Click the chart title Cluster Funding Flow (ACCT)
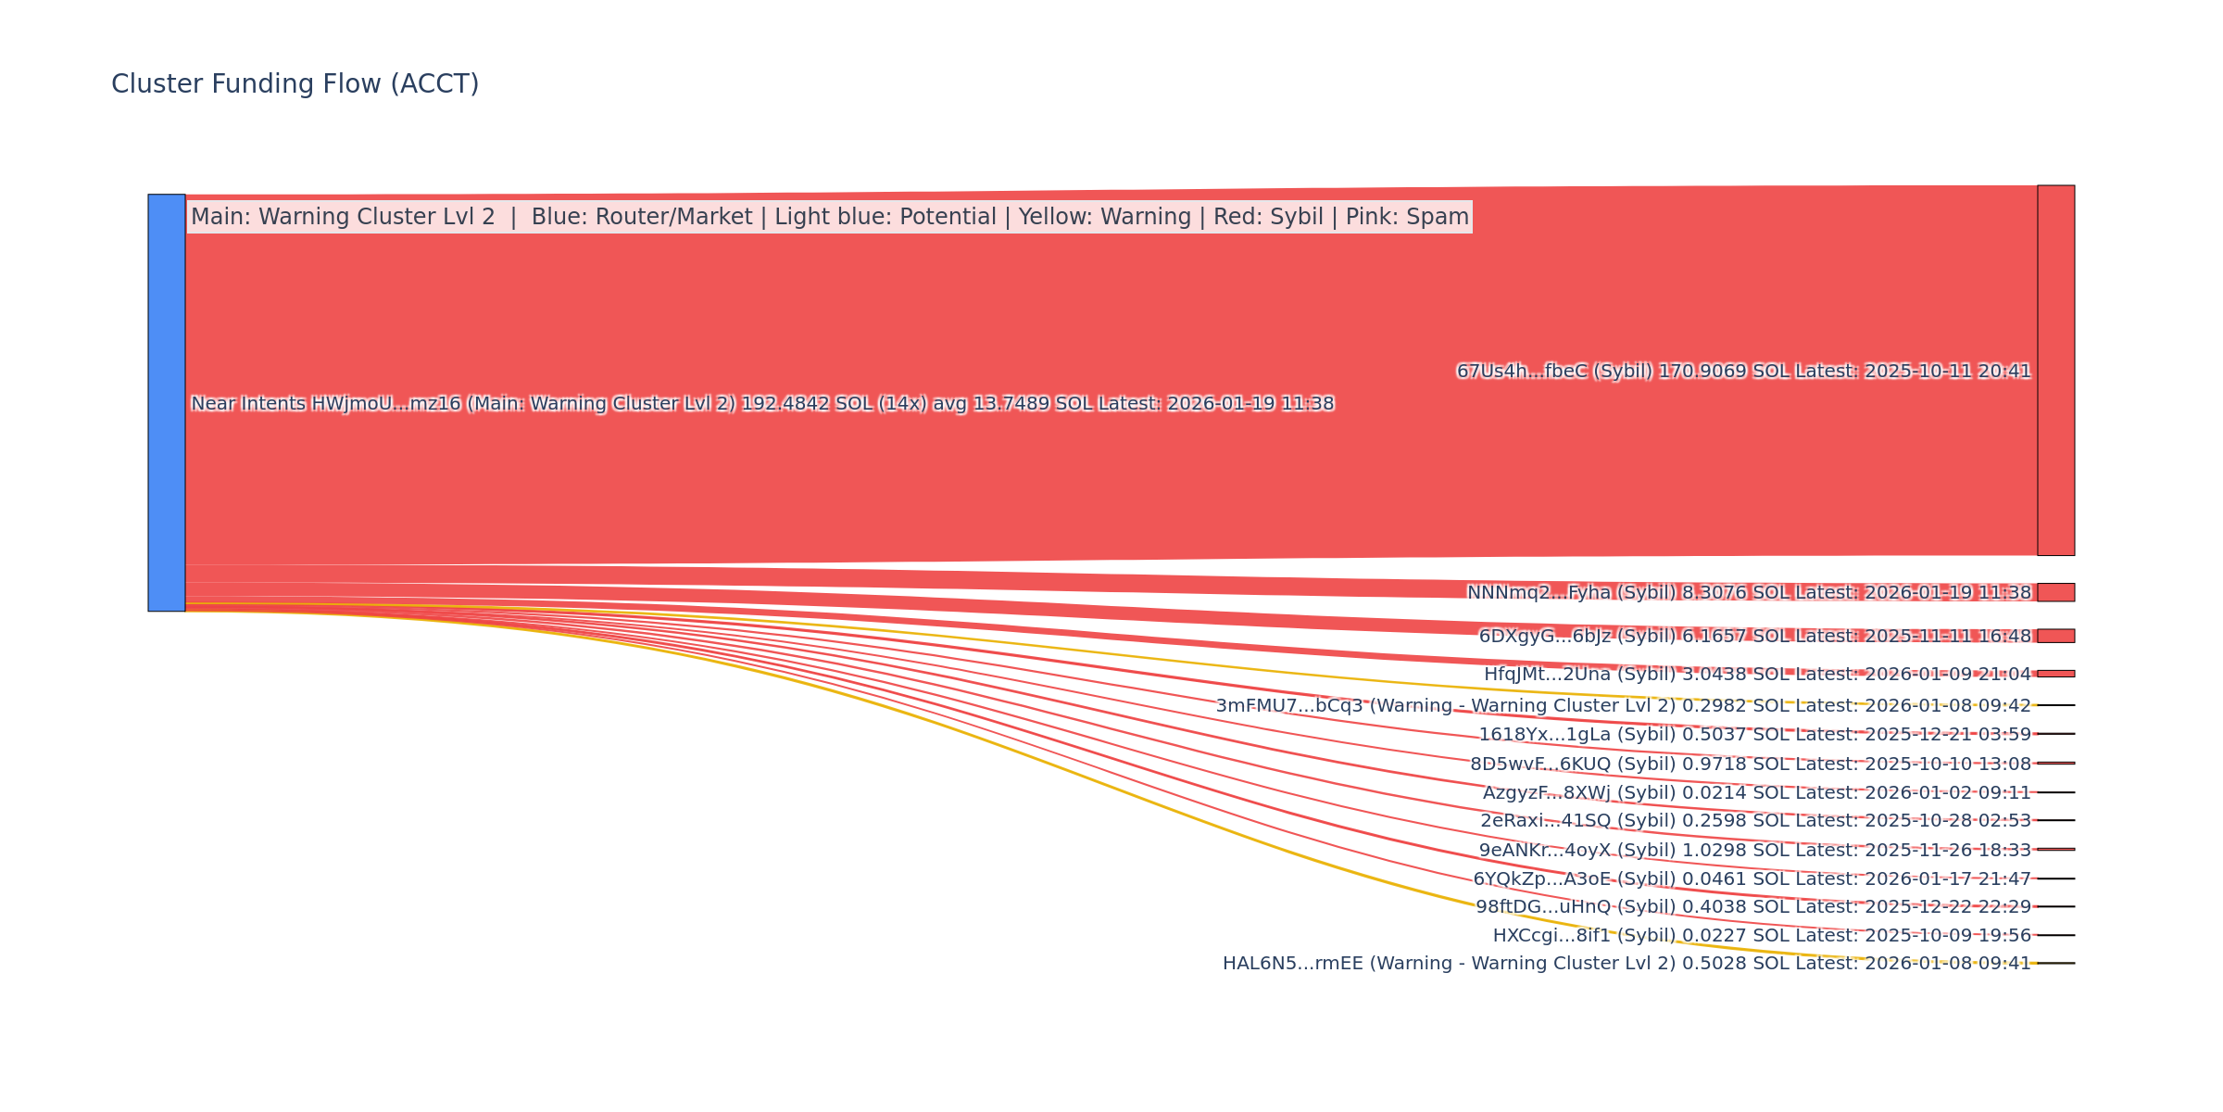pyautogui.click(x=295, y=84)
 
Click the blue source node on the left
pyautogui.click(x=167, y=402)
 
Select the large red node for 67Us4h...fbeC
pyautogui.click(x=2055, y=371)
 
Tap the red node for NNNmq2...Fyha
pyautogui.click(x=2055, y=592)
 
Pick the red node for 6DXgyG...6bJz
pyautogui.click(x=2055, y=636)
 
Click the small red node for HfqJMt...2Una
pyautogui.click(x=2055, y=674)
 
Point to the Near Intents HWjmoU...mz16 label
pyautogui.click(x=761, y=404)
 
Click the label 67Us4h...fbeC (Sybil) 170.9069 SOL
pyautogui.click(x=1743, y=372)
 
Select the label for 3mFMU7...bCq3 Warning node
pyautogui.click(x=1623, y=706)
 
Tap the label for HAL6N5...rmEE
pyautogui.click(x=1626, y=964)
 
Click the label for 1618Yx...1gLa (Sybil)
pyautogui.click(x=1754, y=735)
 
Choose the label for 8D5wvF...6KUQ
pyautogui.click(x=1751, y=764)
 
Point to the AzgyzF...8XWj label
pyautogui.click(x=1756, y=793)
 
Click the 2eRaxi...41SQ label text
pyautogui.click(x=1755, y=821)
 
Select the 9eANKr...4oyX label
pyautogui.click(x=1754, y=851)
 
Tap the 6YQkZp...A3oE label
pyautogui.click(x=1752, y=879)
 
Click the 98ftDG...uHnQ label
pyautogui.click(x=1753, y=907)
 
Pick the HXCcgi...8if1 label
pyautogui.click(x=1762, y=936)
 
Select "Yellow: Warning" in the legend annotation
pyautogui.click(x=1104, y=217)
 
